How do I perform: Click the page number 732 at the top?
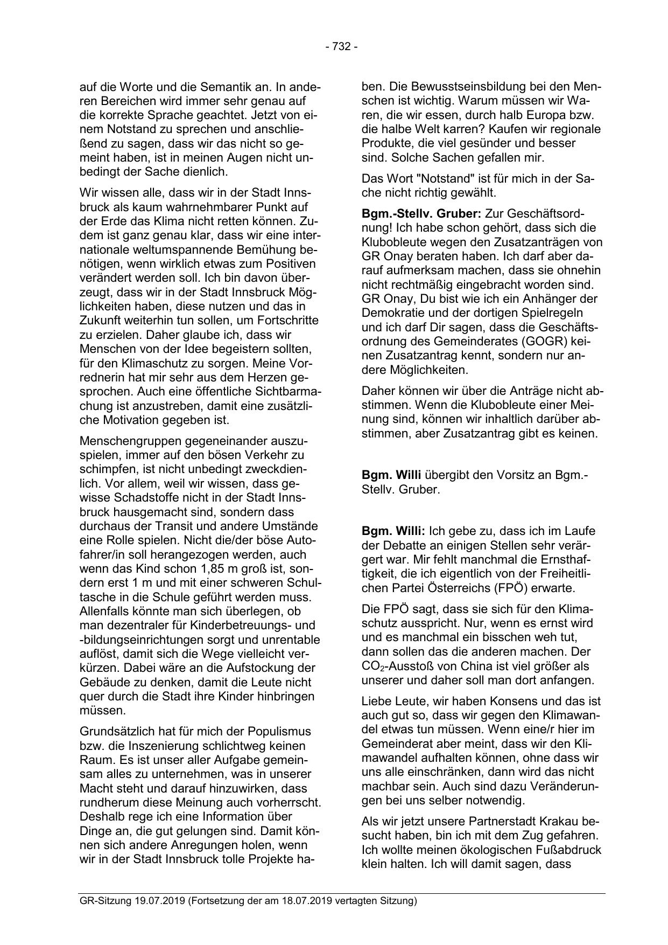(341, 47)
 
